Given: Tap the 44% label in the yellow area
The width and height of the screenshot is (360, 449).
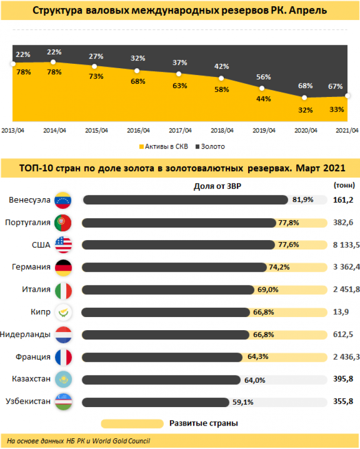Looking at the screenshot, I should point(263,98).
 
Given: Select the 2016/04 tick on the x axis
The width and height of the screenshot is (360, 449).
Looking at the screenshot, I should point(138,131).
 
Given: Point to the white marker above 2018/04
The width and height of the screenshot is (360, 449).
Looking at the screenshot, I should point(221,78).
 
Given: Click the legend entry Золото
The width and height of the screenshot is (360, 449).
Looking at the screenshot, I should point(210,146).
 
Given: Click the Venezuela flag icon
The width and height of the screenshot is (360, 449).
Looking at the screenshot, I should point(63,200).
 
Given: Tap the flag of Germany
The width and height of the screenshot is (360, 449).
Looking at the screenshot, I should point(63,267).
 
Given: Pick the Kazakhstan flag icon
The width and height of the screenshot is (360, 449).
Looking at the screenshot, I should point(63,379).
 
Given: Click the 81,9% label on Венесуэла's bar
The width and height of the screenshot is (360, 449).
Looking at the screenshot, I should point(302,200).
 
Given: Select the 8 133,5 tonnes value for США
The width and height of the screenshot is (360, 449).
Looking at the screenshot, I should point(346,245).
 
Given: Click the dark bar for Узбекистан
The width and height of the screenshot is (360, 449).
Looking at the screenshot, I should point(156,402).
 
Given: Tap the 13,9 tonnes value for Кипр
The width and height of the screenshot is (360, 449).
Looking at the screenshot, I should point(340,312).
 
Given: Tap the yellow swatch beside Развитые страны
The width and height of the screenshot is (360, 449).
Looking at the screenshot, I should point(132,423).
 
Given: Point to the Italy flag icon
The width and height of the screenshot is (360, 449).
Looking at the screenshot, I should point(63,290).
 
